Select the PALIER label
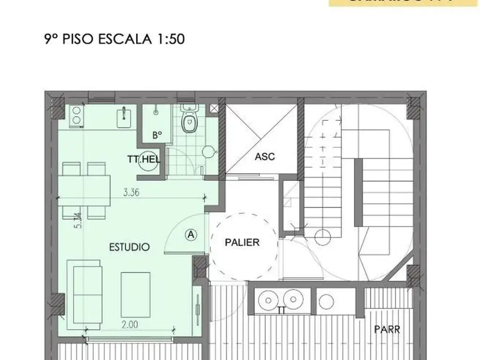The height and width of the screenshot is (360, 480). [x=242, y=242]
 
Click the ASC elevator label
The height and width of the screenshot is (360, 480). [x=265, y=157]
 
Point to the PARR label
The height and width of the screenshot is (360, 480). [x=387, y=329]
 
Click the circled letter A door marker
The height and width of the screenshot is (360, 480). [x=191, y=234]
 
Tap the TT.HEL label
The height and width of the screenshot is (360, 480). [x=144, y=160]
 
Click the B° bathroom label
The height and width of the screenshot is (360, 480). [x=157, y=135]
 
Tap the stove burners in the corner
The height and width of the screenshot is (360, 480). [x=75, y=115]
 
